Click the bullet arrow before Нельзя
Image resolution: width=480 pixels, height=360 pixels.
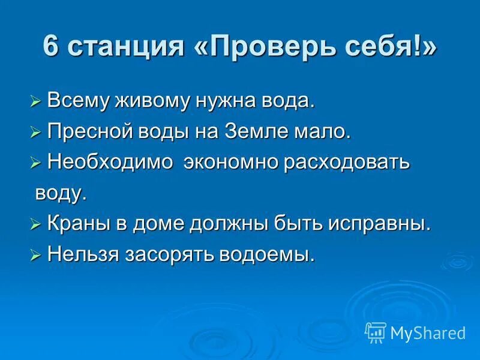[x=35, y=255]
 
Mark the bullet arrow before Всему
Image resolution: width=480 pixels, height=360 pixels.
[x=35, y=101]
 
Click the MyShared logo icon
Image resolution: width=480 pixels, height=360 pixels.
[x=376, y=332]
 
